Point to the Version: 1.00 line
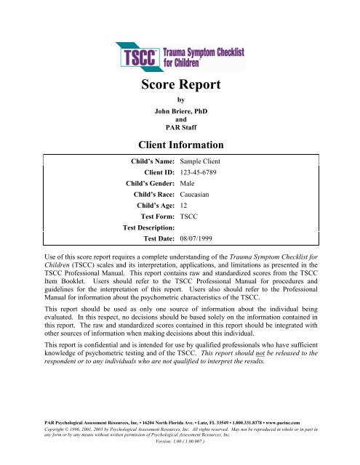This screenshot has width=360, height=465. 180,451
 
